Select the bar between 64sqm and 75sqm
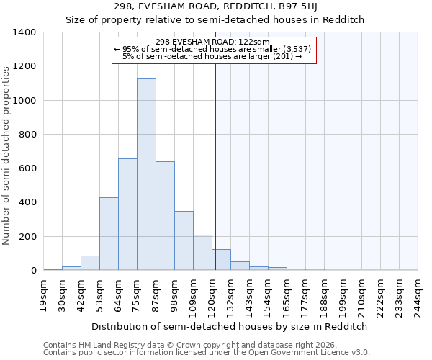[127, 215]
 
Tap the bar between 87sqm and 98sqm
[165, 216]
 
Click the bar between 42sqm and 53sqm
[90, 263]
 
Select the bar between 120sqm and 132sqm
[221, 260]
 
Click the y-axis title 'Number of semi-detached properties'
[7, 155]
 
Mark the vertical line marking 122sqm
[215, 166]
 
